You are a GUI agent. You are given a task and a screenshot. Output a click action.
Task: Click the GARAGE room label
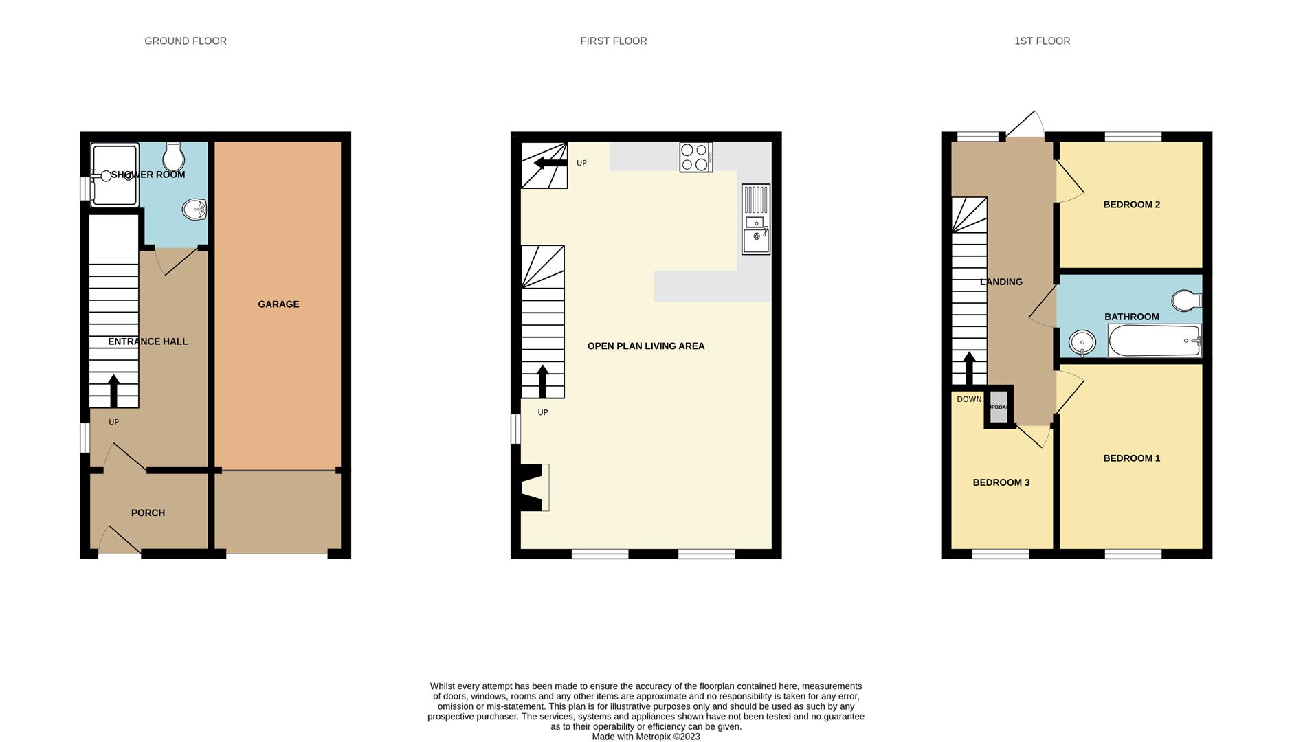click(278, 304)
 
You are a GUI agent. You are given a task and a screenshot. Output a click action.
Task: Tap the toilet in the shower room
click(173, 157)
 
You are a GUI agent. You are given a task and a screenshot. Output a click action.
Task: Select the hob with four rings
click(695, 157)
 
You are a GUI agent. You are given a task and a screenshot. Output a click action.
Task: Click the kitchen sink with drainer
click(755, 218)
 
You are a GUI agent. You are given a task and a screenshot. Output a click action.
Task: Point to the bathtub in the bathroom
click(1155, 341)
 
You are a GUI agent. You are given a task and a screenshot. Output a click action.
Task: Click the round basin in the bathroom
click(1082, 341)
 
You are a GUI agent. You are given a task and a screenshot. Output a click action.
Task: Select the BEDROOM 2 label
click(1131, 205)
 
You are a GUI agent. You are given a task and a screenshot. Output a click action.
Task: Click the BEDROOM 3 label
click(1001, 482)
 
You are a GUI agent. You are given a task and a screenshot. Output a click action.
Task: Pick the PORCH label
click(148, 513)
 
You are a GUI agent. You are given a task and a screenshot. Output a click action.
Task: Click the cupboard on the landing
click(999, 407)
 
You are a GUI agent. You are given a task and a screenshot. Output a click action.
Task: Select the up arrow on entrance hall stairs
click(114, 390)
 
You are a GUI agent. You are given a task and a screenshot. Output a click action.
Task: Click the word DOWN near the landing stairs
click(969, 399)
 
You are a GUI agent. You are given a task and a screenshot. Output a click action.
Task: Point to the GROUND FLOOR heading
click(186, 41)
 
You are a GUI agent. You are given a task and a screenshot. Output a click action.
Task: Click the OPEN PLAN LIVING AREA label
click(645, 346)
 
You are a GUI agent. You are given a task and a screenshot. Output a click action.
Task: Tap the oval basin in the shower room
click(194, 210)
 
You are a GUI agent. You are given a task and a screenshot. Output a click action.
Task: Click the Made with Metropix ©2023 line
click(645, 737)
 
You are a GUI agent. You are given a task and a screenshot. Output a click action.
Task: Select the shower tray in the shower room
click(115, 175)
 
